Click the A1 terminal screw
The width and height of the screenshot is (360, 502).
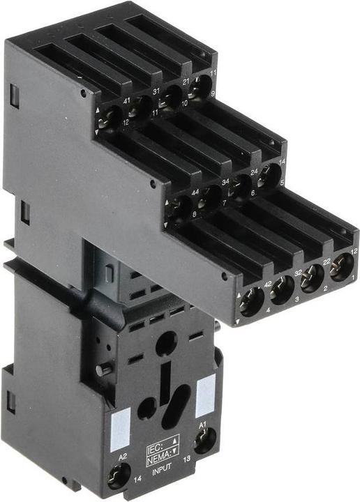pyautogui.click(x=204, y=440)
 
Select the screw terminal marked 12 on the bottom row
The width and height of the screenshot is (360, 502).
pyautogui.click(x=341, y=267)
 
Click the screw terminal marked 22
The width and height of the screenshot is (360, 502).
pyautogui.click(x=312, y=277)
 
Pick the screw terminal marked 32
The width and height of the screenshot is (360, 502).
pyautogui.click(x=282, y=289)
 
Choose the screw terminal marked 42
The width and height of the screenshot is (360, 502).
pyautogui.click(x=252, y=302)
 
